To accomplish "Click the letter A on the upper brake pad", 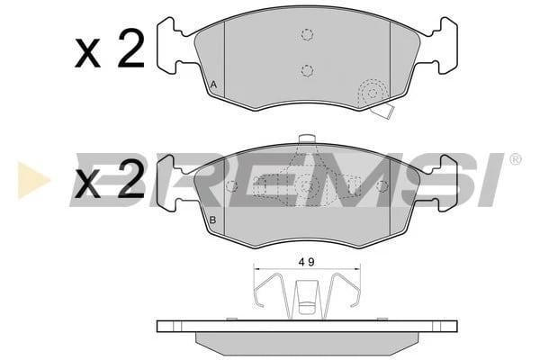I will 213,86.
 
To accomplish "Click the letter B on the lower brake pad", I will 213,220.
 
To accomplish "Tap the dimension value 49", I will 306,263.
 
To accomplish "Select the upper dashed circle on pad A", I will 306,35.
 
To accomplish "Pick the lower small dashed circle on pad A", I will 306,70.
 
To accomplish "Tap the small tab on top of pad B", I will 306,140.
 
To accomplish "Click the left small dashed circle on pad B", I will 232,186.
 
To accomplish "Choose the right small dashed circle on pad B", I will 382,186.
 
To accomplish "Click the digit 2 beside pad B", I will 130,183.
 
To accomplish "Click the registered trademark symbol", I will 515,159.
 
